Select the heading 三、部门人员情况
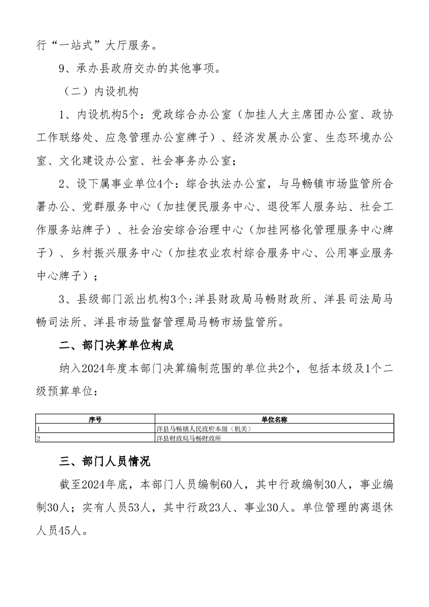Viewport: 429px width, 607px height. [x=105, y=461]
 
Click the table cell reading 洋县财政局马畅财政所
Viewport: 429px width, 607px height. [x=189, y=438]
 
